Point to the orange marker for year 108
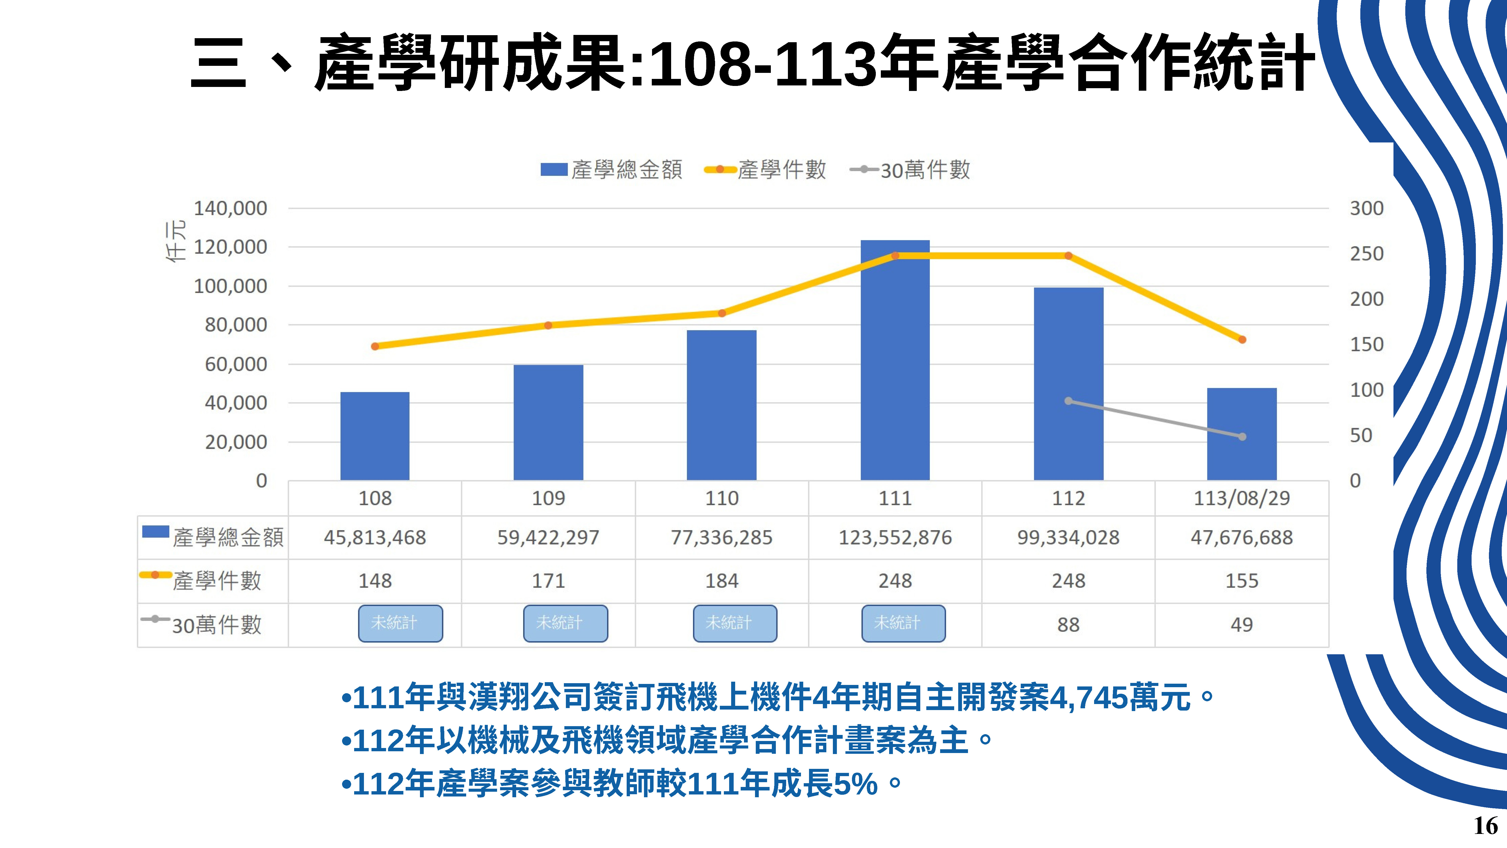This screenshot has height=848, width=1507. point(375,346)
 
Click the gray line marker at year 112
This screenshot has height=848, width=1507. point(1068,401)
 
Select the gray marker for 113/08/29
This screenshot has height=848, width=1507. point(1242,437)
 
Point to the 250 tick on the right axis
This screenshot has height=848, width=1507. point(1367,254)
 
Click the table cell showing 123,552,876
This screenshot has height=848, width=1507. point(895,537)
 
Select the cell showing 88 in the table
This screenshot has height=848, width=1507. point(1068,624)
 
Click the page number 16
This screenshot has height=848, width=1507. point(1485,826)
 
